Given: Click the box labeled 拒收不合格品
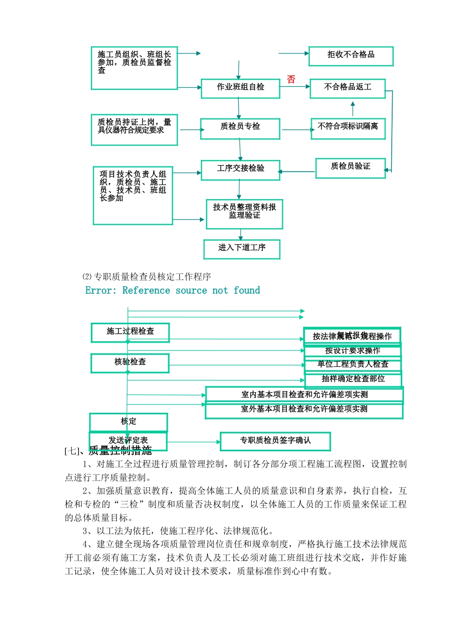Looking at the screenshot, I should pyautogui.click(x=351, y=56).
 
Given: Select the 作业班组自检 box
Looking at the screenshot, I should pyautogui.click(x=240, y=88).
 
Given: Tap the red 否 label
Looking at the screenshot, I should pyautogui.click(x=291, y=80).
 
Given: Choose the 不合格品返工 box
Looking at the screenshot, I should pyautogui.click(x=347, y=88).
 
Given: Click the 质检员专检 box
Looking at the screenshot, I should pyautogui.click(x=240, y=128).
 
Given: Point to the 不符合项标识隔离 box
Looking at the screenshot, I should pyautogui.click(x=348, y=128).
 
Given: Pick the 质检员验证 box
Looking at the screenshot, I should pyautogui.click(x=350, y=168).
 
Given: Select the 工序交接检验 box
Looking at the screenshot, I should pyautogui.click(x=240, y=170).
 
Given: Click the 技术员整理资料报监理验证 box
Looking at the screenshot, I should pyautogui.click(x=244, y=214).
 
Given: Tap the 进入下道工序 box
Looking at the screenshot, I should pyautogui.click(x=242, y=249).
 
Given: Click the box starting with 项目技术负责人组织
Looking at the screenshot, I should pyautogui.click(x=133, y=195).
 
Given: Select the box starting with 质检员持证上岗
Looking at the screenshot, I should pyautogui.click(x=134, y=129).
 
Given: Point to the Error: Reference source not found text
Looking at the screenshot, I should pyautogui.click(x=172, y=291).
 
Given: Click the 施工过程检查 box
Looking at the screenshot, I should pyautogui.click(x=130, y=332).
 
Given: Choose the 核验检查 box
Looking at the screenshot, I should pyautogui.click(x=130, y=363).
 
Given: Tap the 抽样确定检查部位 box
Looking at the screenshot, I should pyautogui.click(x=353, y=379).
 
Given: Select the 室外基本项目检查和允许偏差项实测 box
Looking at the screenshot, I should pyautogui.click(x=304, y=410).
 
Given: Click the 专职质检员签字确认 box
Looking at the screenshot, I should pyautogui.click(x=275, y=441).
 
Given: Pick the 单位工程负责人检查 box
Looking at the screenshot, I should pyautogui.click(x=353, y=364).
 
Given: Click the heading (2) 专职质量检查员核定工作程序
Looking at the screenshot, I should pyautogui.click(x=146, y=277).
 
